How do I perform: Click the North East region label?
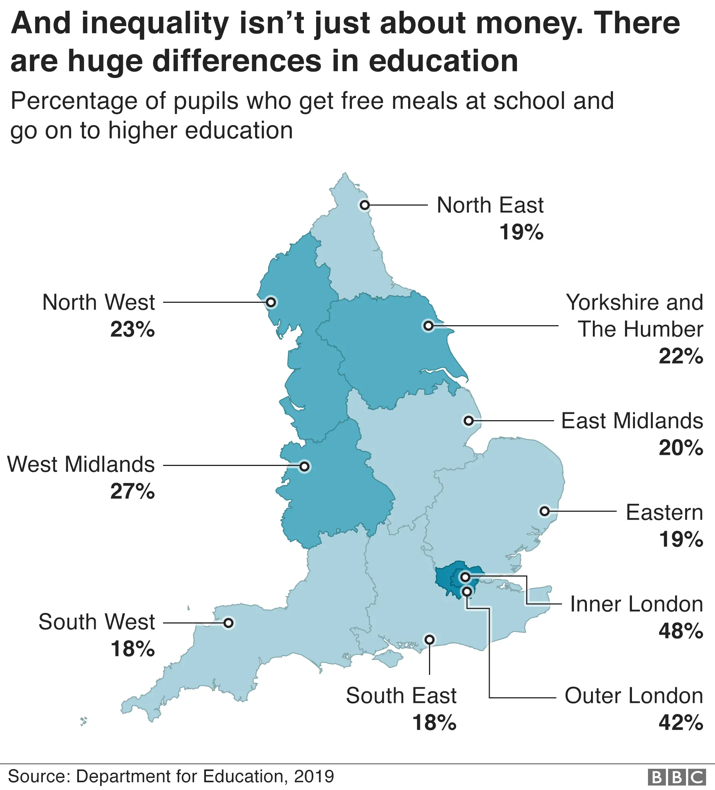click(490, 205)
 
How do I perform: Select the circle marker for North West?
click(271, 302)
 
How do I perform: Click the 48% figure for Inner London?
click(680, 631)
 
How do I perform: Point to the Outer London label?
click(633, 695)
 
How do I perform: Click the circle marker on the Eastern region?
click(544, 511)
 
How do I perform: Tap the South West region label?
click(97, 622)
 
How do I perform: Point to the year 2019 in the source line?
click(314, 776)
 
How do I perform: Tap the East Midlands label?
click(632, 421)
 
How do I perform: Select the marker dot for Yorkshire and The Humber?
click(428, 326)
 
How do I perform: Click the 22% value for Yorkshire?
click(680, 356)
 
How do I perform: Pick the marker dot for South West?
click(228, 623)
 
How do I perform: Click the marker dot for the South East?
click(429, 640)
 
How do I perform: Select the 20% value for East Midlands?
click(680, 447)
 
